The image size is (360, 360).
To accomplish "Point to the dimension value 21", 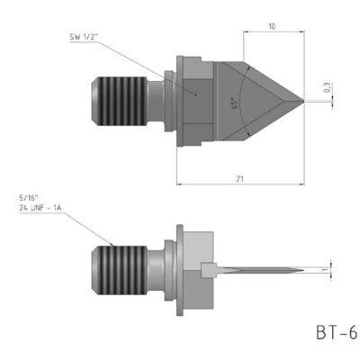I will [239, 178].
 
